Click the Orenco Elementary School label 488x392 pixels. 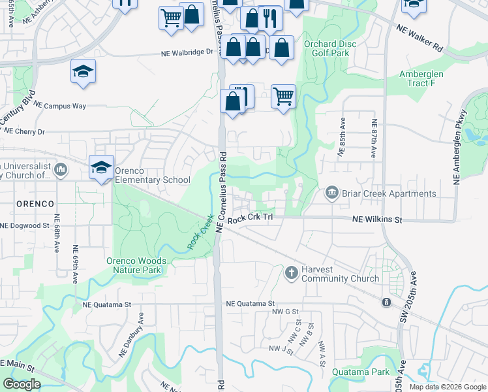[x=153, y=180]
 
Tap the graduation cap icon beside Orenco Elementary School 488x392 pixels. [x=101, y=168]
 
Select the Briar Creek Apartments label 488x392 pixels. [x=389, y=193]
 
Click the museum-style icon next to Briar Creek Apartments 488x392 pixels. [x=331, y=193]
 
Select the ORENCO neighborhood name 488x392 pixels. [x=27, y=204]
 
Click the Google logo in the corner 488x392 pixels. [x=22, y=384]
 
